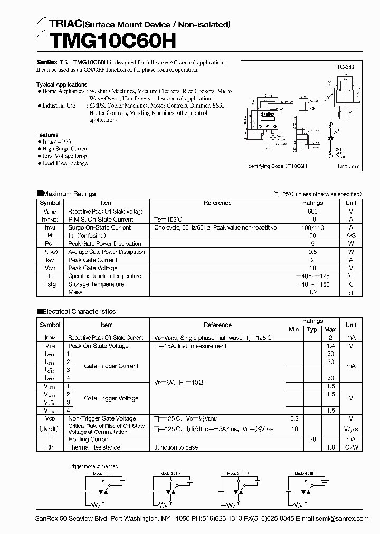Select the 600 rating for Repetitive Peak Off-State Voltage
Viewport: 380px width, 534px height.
click(x=312, y=211)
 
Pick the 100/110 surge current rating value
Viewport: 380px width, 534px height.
click(x=312, y=227)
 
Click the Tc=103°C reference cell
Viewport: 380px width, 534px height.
click(x=168, y=220)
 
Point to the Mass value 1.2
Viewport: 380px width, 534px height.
click(x=312, y=292)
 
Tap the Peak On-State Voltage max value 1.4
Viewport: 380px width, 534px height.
click(x=331, y=346)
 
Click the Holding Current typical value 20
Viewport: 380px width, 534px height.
click(x=312, y=439)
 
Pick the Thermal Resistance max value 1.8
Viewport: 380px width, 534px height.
click(x=331, y=447)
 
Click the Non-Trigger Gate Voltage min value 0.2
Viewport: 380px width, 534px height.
click(x=294, y=418)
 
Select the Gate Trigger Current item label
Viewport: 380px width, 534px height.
click(x=111, y=366)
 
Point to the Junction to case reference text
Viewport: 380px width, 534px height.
click(x=176, y=447)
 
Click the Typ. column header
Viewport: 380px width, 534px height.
click(x=312, y=329)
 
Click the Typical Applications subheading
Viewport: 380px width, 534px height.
click(x=62, y=84)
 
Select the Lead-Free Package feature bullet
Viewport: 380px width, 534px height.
click(x=65, y=163)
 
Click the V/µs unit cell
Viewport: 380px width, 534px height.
click(x=350, y=429)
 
